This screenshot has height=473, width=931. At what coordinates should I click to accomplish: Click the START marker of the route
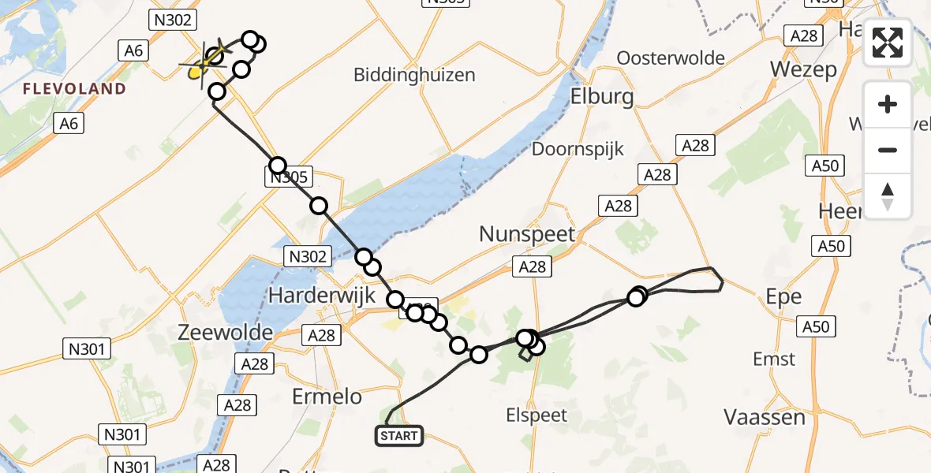400,435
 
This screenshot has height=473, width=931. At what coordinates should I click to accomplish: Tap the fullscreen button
888,43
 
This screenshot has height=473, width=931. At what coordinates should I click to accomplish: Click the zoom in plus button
888,104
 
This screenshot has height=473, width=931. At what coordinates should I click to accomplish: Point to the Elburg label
604,96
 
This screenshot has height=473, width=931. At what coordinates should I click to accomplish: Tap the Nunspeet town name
528,233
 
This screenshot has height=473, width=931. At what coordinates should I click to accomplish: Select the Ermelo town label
326,397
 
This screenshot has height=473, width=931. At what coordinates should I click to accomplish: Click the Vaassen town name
765,416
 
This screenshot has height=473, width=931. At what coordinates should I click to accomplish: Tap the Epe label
783,297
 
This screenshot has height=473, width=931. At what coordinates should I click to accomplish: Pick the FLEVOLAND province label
74,89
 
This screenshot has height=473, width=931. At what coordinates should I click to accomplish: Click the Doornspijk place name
578,149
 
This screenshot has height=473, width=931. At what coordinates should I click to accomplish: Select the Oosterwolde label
671,58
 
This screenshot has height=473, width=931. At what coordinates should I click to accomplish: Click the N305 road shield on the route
288,178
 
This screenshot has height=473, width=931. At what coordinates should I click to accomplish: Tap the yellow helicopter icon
197,72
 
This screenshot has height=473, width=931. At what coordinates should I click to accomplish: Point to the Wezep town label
803,69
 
